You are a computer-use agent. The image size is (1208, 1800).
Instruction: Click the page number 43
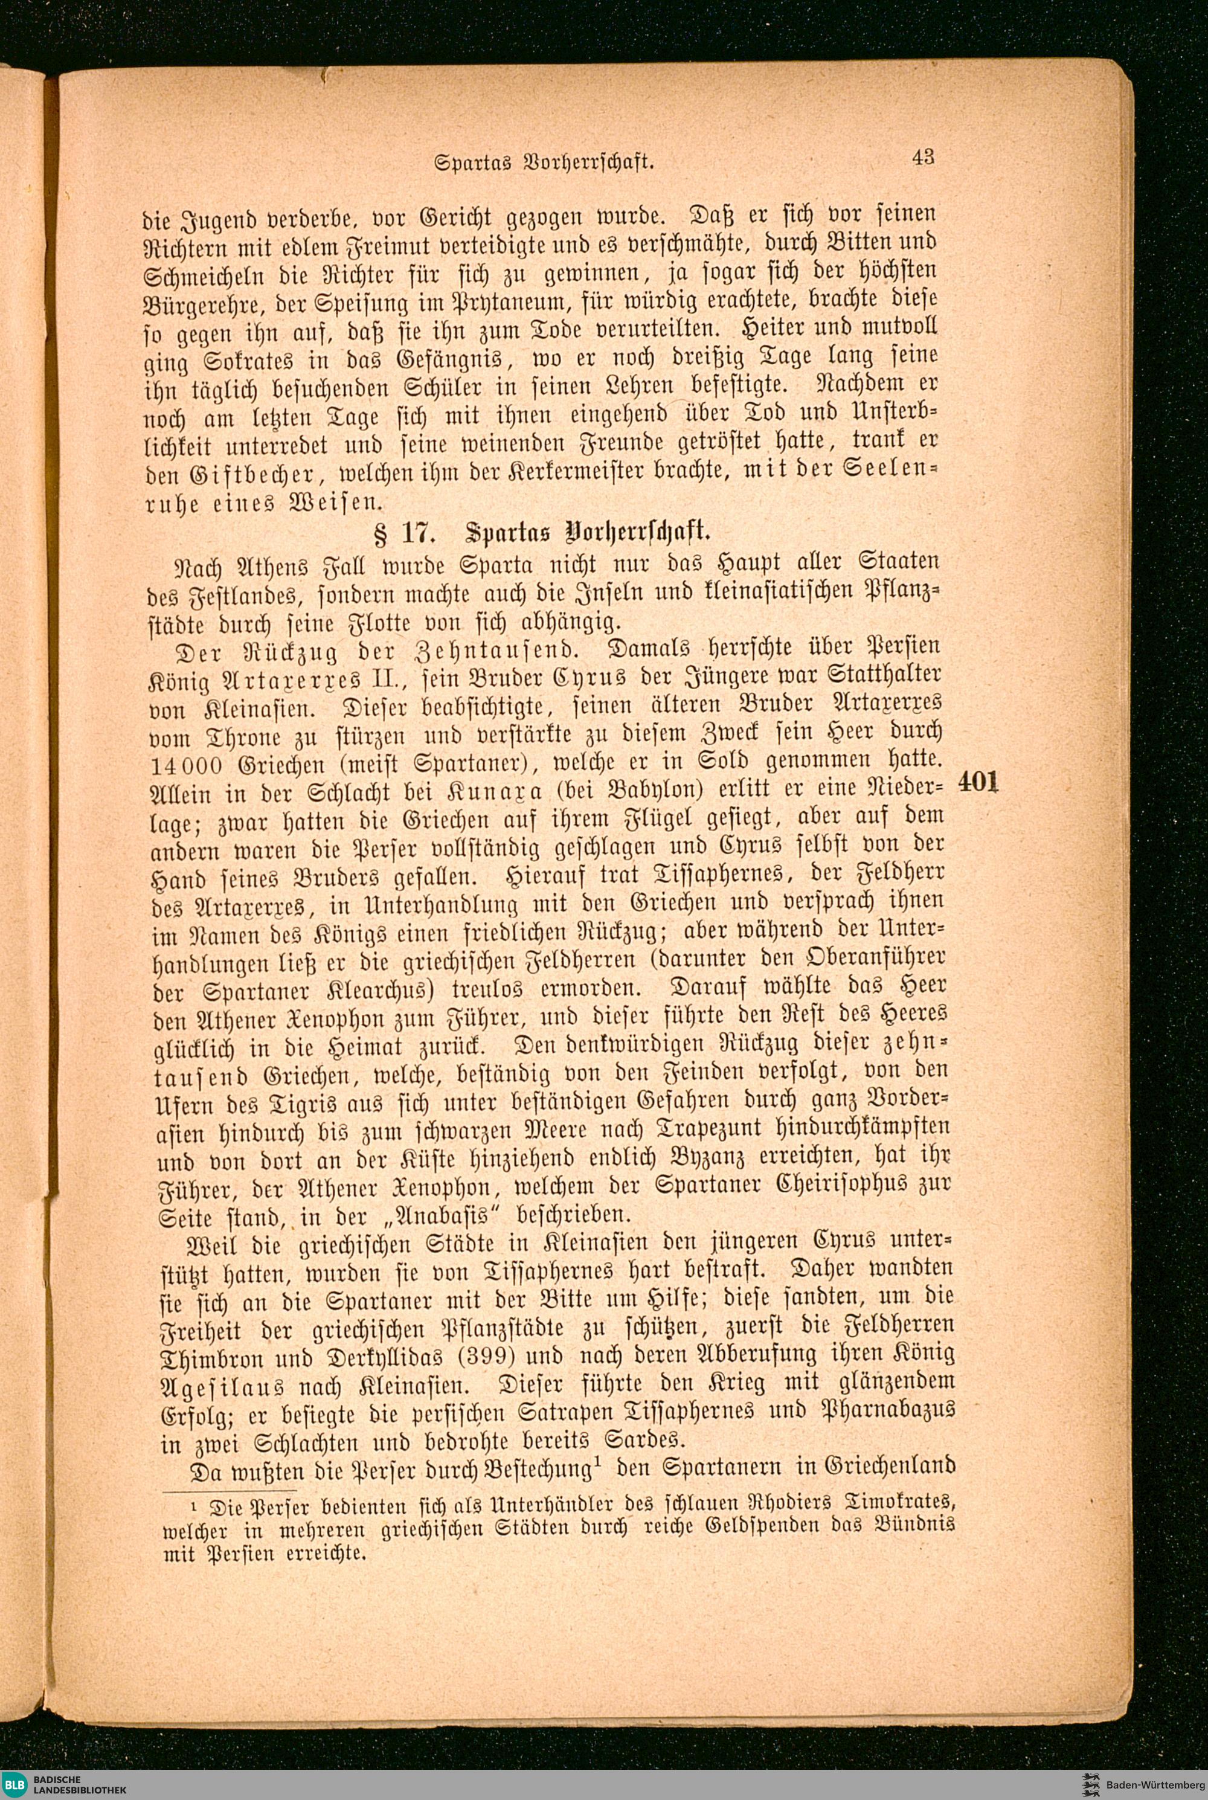click(923, 157)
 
